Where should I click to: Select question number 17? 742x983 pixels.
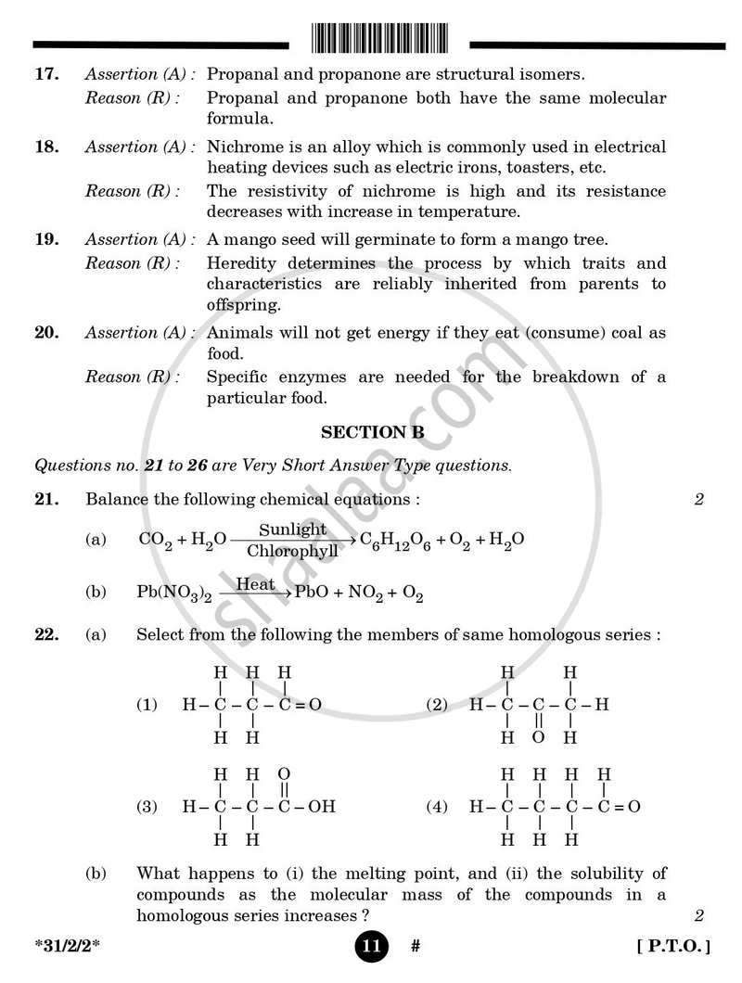[x=47, y=73]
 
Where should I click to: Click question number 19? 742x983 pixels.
[x=47, y=239]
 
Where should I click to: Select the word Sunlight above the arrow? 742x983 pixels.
[x=292, y=530]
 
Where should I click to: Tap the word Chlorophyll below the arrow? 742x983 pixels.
[x=292, y=552]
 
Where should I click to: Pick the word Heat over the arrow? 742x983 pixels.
[x=256, y=584]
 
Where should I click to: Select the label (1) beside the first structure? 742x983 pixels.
[x=147, y=705]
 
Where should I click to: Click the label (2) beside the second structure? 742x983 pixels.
[x=436, y=705]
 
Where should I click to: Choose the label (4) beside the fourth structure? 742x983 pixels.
[x=436, y=807]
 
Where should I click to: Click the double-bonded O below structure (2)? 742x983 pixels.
[x=538, y=738]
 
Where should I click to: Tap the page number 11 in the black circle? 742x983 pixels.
[x=370, y=947]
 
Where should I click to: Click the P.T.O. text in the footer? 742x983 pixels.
[x=674, y=947]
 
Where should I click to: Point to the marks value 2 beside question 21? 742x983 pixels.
[x=699, y=500]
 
